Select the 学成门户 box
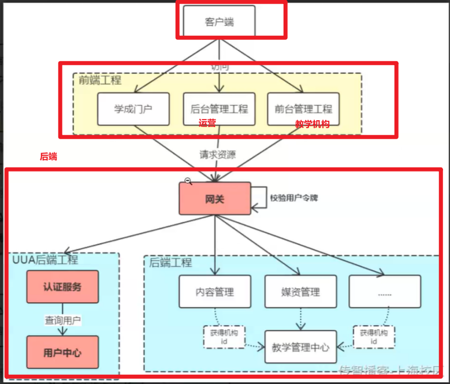pyautogui.click(x=133, y=109)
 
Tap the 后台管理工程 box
pyautogui.click(x=219, y=109)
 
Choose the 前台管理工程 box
pyautogui.click(x=303, y=109)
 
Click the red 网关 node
pyautogui.click(x=215, y=199)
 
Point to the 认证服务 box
pyautogui.click(x=62, y=286)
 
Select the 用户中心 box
pyautogui.click(x=62, y=353)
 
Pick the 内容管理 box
pyautogui.click(x=215, y=292)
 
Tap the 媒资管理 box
pyautogui.click(x=300, y=292)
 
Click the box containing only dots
pyautogui.click(x=385, y=292)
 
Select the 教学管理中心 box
pyautogui.click(x=300, y=347)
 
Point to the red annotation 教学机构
pyautogui.click(x=312, y=124)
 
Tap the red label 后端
pyautogui.click(x=48, y=156)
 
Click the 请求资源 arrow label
pyautogui.click(x=218, y=155)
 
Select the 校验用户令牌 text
pyautogui.click(x=294, y=197)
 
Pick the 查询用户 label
pyautogui.click(x=63, y=319)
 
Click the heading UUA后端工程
pyautogui.click(x=45, y=260)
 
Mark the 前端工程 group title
pyautogui.click(x=100, y=80)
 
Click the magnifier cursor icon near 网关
pyautogui.click(x=188, y=181)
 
